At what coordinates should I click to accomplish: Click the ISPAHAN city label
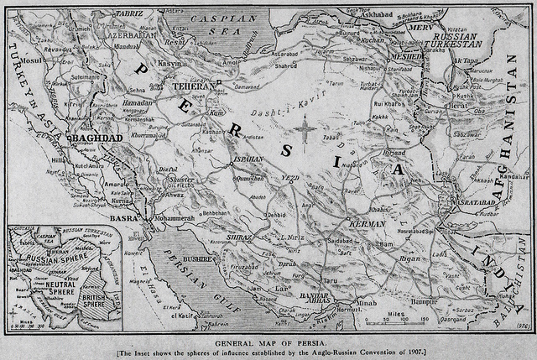[x=248, y=157]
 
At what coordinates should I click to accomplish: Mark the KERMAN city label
[x=366, y=224]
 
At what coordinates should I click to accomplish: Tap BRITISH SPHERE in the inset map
[x=101, y=297]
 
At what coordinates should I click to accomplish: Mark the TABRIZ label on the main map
[x=105, y=14]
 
